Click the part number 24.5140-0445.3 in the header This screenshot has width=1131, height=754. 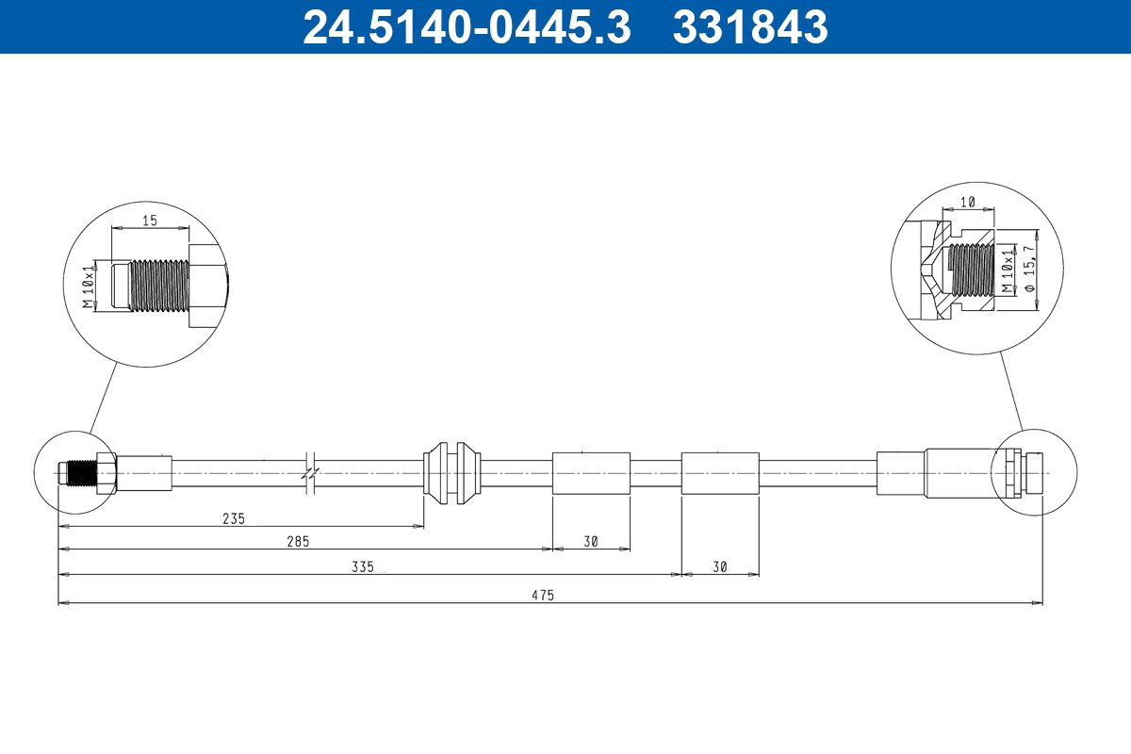[x=467, y=26]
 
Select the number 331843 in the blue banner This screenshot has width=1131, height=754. [x=750, y=26]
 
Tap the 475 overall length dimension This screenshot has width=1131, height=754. [x=543, y=596]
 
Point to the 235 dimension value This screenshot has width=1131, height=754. [x=234, y=518]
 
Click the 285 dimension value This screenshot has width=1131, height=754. [x=298, y=541]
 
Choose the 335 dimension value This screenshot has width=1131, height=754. [x=363, y=567]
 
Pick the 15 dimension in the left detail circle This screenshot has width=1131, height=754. [x=150, y=221]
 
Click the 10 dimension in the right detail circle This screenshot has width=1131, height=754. [x=967, y=202]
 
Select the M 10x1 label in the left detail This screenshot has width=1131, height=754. [x=89, y=286]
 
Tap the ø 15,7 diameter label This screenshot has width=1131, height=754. [x=1030, y=269]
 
